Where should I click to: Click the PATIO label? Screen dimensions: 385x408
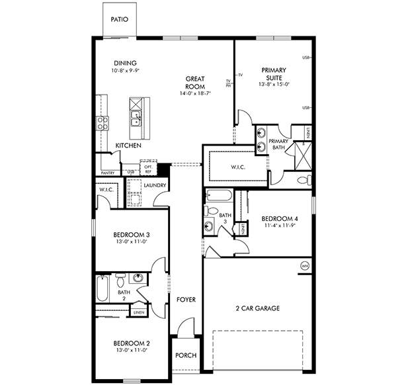tap(120, 21)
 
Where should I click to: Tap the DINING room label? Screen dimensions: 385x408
tap(125, 64)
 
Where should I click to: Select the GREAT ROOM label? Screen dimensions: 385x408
tap(194, 83)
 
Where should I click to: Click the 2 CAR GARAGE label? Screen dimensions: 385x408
tap(258, 308)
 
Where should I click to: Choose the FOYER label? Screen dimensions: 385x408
tap(186, 300)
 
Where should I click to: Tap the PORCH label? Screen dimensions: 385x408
tap(186, 355)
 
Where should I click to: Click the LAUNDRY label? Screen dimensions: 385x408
tap(154, 186)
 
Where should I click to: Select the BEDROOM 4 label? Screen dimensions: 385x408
tap(280, 219)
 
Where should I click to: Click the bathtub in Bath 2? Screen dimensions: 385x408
tap(103, 288)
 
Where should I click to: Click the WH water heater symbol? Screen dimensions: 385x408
tap(305, 266)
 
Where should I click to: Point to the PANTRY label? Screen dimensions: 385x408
tap(108, 173)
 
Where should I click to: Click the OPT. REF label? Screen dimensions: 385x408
tap(148, 169)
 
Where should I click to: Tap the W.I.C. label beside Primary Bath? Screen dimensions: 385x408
tap(239, 167)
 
